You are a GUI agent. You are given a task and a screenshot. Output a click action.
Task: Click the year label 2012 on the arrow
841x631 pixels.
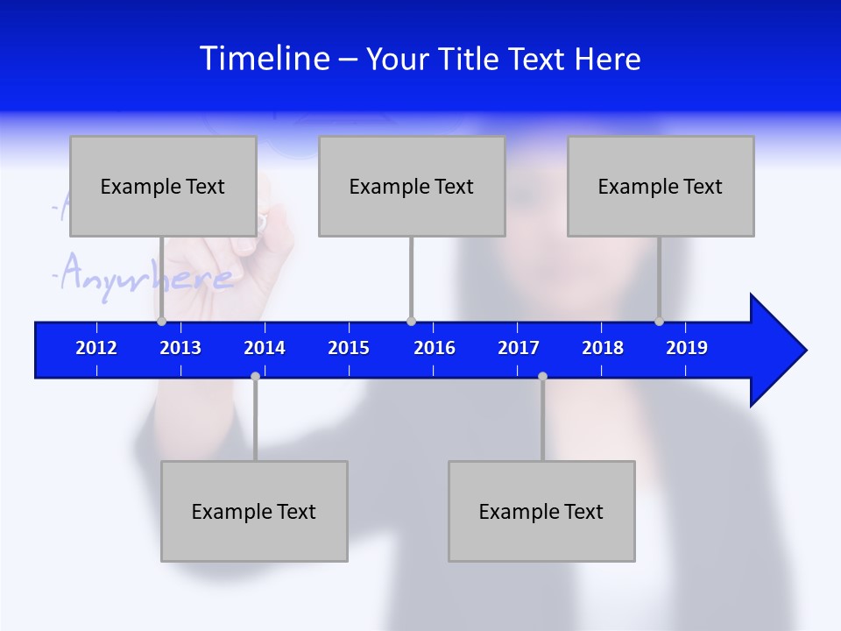tap(96, 348)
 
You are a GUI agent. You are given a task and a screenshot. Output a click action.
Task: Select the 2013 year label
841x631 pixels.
tap(180, 348)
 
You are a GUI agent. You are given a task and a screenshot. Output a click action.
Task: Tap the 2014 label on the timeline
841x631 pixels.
tap(265, 348)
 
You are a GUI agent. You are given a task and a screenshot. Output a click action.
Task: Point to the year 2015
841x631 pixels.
tap(349, 348)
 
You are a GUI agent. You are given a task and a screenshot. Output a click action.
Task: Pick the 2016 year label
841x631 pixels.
tap(435, 348)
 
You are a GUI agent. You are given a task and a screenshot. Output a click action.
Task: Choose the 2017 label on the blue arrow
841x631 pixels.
tap(519, 348)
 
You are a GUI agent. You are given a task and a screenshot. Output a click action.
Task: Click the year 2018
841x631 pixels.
tap(603, 348)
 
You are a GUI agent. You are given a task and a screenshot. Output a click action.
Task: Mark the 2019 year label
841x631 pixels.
tap(687, 348)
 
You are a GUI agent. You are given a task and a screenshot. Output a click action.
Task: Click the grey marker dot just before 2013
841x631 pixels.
tap(161, 322)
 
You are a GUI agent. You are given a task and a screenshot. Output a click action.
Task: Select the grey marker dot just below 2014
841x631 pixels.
tap(255, 377)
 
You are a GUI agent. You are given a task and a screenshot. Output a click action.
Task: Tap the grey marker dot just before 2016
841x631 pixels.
tap(411, 322)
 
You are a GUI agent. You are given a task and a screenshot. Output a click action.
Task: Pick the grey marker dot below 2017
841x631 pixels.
tap(542, 377)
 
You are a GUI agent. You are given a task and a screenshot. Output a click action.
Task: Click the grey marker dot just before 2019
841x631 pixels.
tap(659, 322)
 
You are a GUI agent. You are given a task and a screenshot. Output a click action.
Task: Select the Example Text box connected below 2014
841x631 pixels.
tap(254, 511)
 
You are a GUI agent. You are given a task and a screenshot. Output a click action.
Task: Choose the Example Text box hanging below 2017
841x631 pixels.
tap(541, 511)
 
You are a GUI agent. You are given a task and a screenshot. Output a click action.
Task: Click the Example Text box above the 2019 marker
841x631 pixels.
tap(661, 186)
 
